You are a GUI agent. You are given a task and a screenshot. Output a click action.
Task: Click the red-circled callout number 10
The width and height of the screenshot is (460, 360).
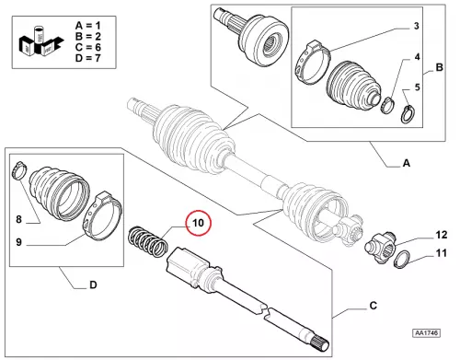(x=198, y=223)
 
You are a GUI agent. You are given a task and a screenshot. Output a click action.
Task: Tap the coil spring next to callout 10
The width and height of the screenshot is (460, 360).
(x=148, y=242)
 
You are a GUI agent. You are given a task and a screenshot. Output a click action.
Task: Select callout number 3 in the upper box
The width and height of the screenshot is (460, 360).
(x=416, y=26)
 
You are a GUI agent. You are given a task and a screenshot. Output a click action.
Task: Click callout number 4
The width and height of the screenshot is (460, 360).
(x=417, y=57)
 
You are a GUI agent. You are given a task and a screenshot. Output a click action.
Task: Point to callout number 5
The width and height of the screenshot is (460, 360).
(x=417, y=87)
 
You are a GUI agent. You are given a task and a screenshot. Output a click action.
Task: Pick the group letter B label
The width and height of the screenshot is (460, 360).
(x=439, y=67)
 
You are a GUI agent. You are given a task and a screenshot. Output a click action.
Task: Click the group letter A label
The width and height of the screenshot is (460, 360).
(x=407, y=163)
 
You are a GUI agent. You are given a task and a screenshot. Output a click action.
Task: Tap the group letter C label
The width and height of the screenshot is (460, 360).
(x=373, y=306)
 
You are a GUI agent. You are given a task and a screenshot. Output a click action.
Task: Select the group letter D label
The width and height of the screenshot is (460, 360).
(x=93, y=285)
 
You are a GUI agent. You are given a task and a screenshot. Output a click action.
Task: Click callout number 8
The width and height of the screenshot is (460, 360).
(x=19, y=219)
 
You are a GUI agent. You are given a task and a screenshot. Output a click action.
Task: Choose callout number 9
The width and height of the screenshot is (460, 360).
(x=19, y=242)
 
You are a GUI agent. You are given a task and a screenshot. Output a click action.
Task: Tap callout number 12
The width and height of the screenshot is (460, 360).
(x=442, y=235)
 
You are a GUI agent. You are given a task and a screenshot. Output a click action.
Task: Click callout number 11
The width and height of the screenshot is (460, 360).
(x=442, y=253)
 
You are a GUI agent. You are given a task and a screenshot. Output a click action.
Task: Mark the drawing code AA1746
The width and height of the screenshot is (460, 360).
(x=426, y=333)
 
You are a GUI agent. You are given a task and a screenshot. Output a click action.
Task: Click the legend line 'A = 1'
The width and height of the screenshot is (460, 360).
(x=88, y=26)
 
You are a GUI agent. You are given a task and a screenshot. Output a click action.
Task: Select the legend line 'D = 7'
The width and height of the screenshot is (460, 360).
(x=88, y=58)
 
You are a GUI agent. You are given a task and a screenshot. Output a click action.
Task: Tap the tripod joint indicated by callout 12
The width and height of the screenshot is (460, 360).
(x=380, y=248)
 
